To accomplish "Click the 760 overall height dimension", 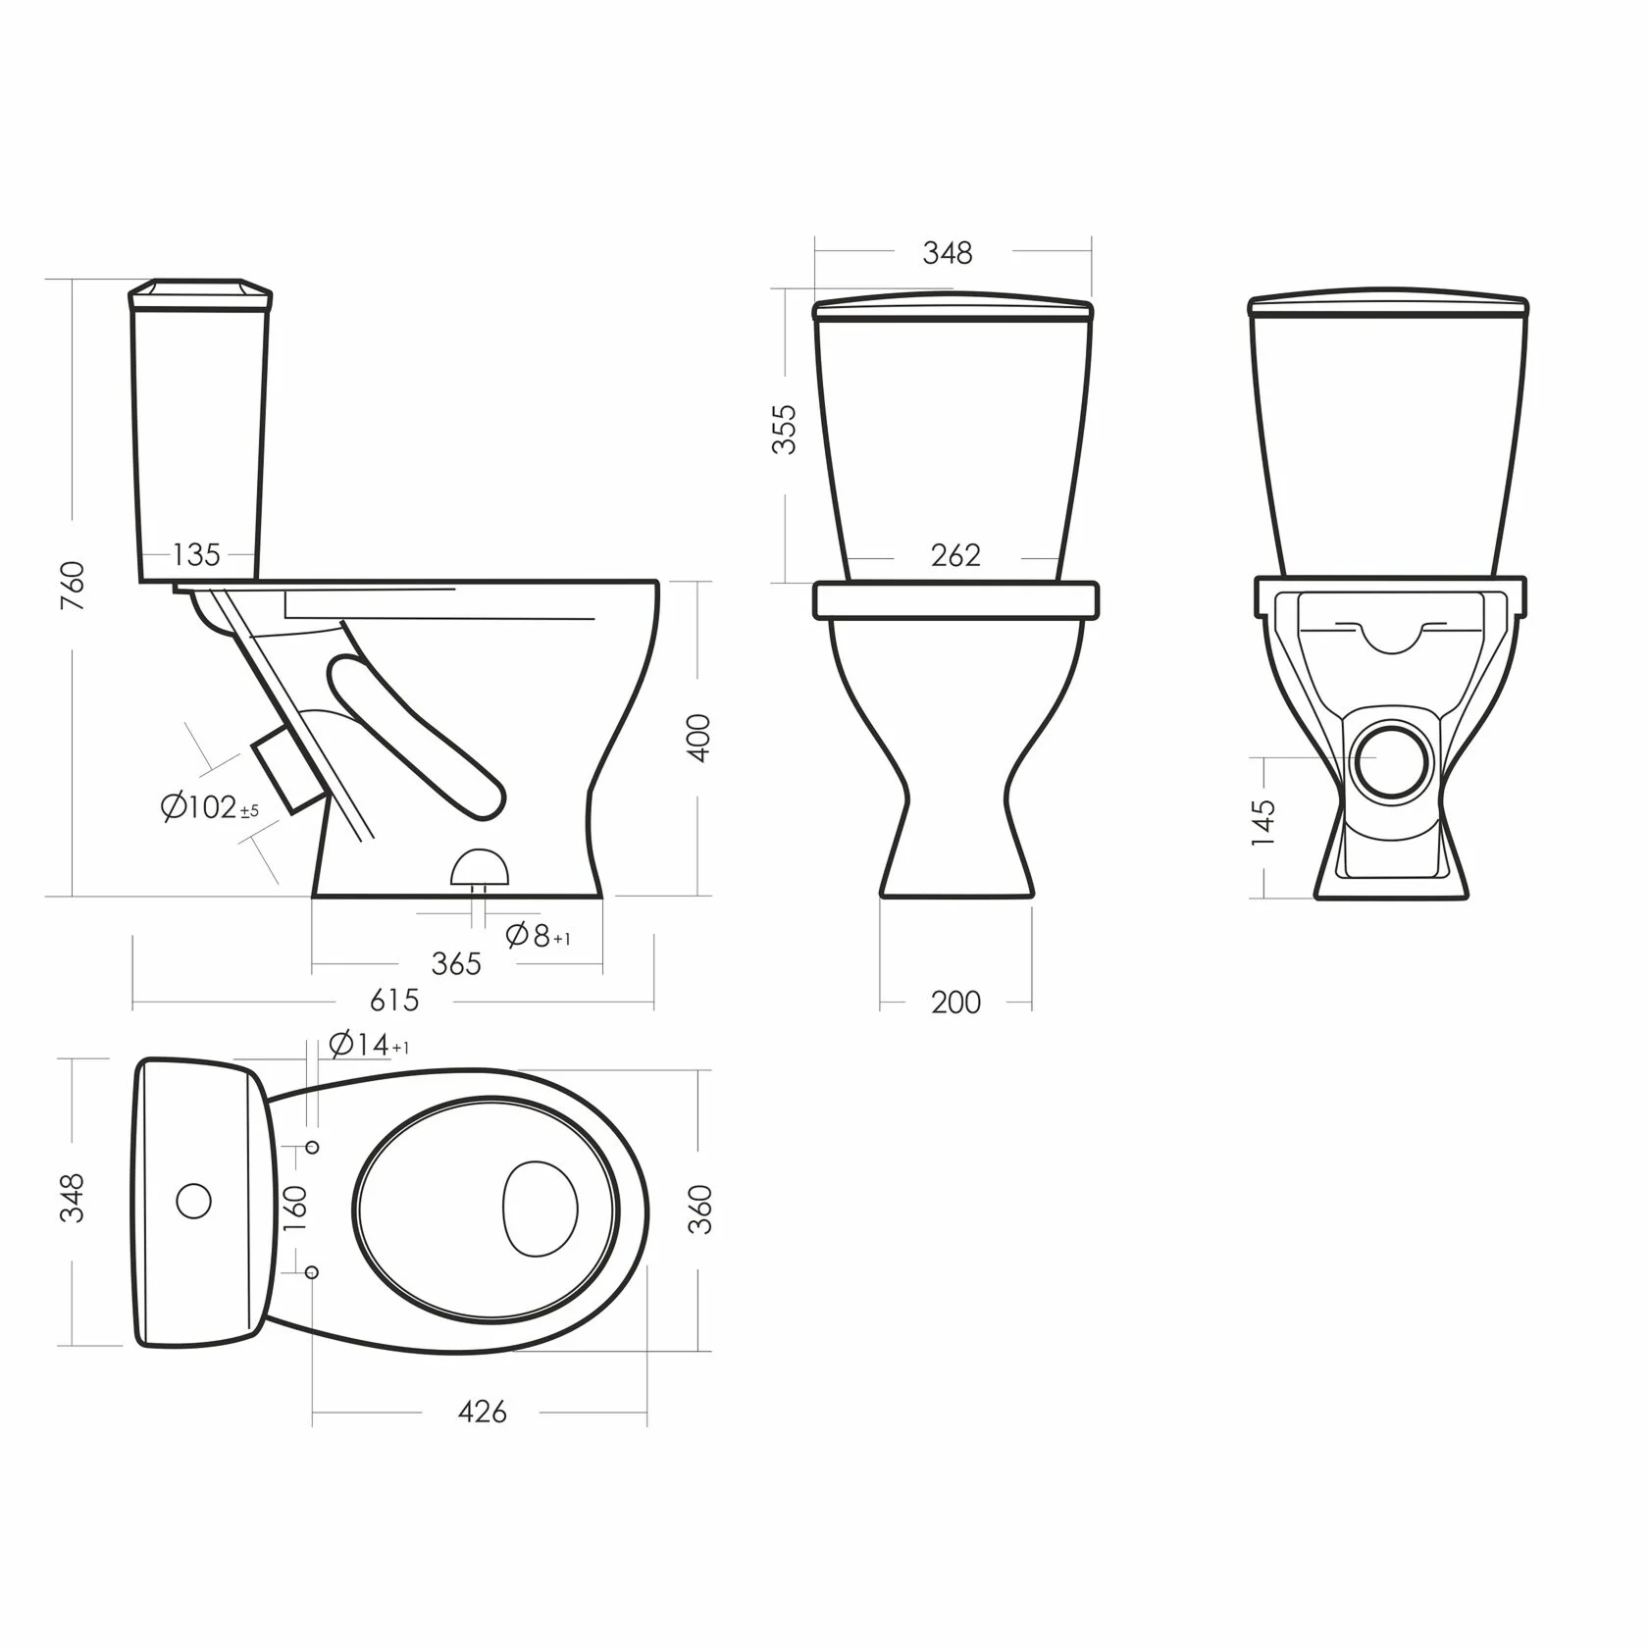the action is (x=73, y=586).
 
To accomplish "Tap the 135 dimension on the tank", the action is (x=196, y=555).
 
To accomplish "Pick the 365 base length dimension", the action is (x=456, y=963).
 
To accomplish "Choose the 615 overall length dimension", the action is (x=394, y=1000).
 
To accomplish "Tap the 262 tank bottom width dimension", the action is (x=955, y=555).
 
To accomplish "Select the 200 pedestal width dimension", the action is (x=956, y=1003).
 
